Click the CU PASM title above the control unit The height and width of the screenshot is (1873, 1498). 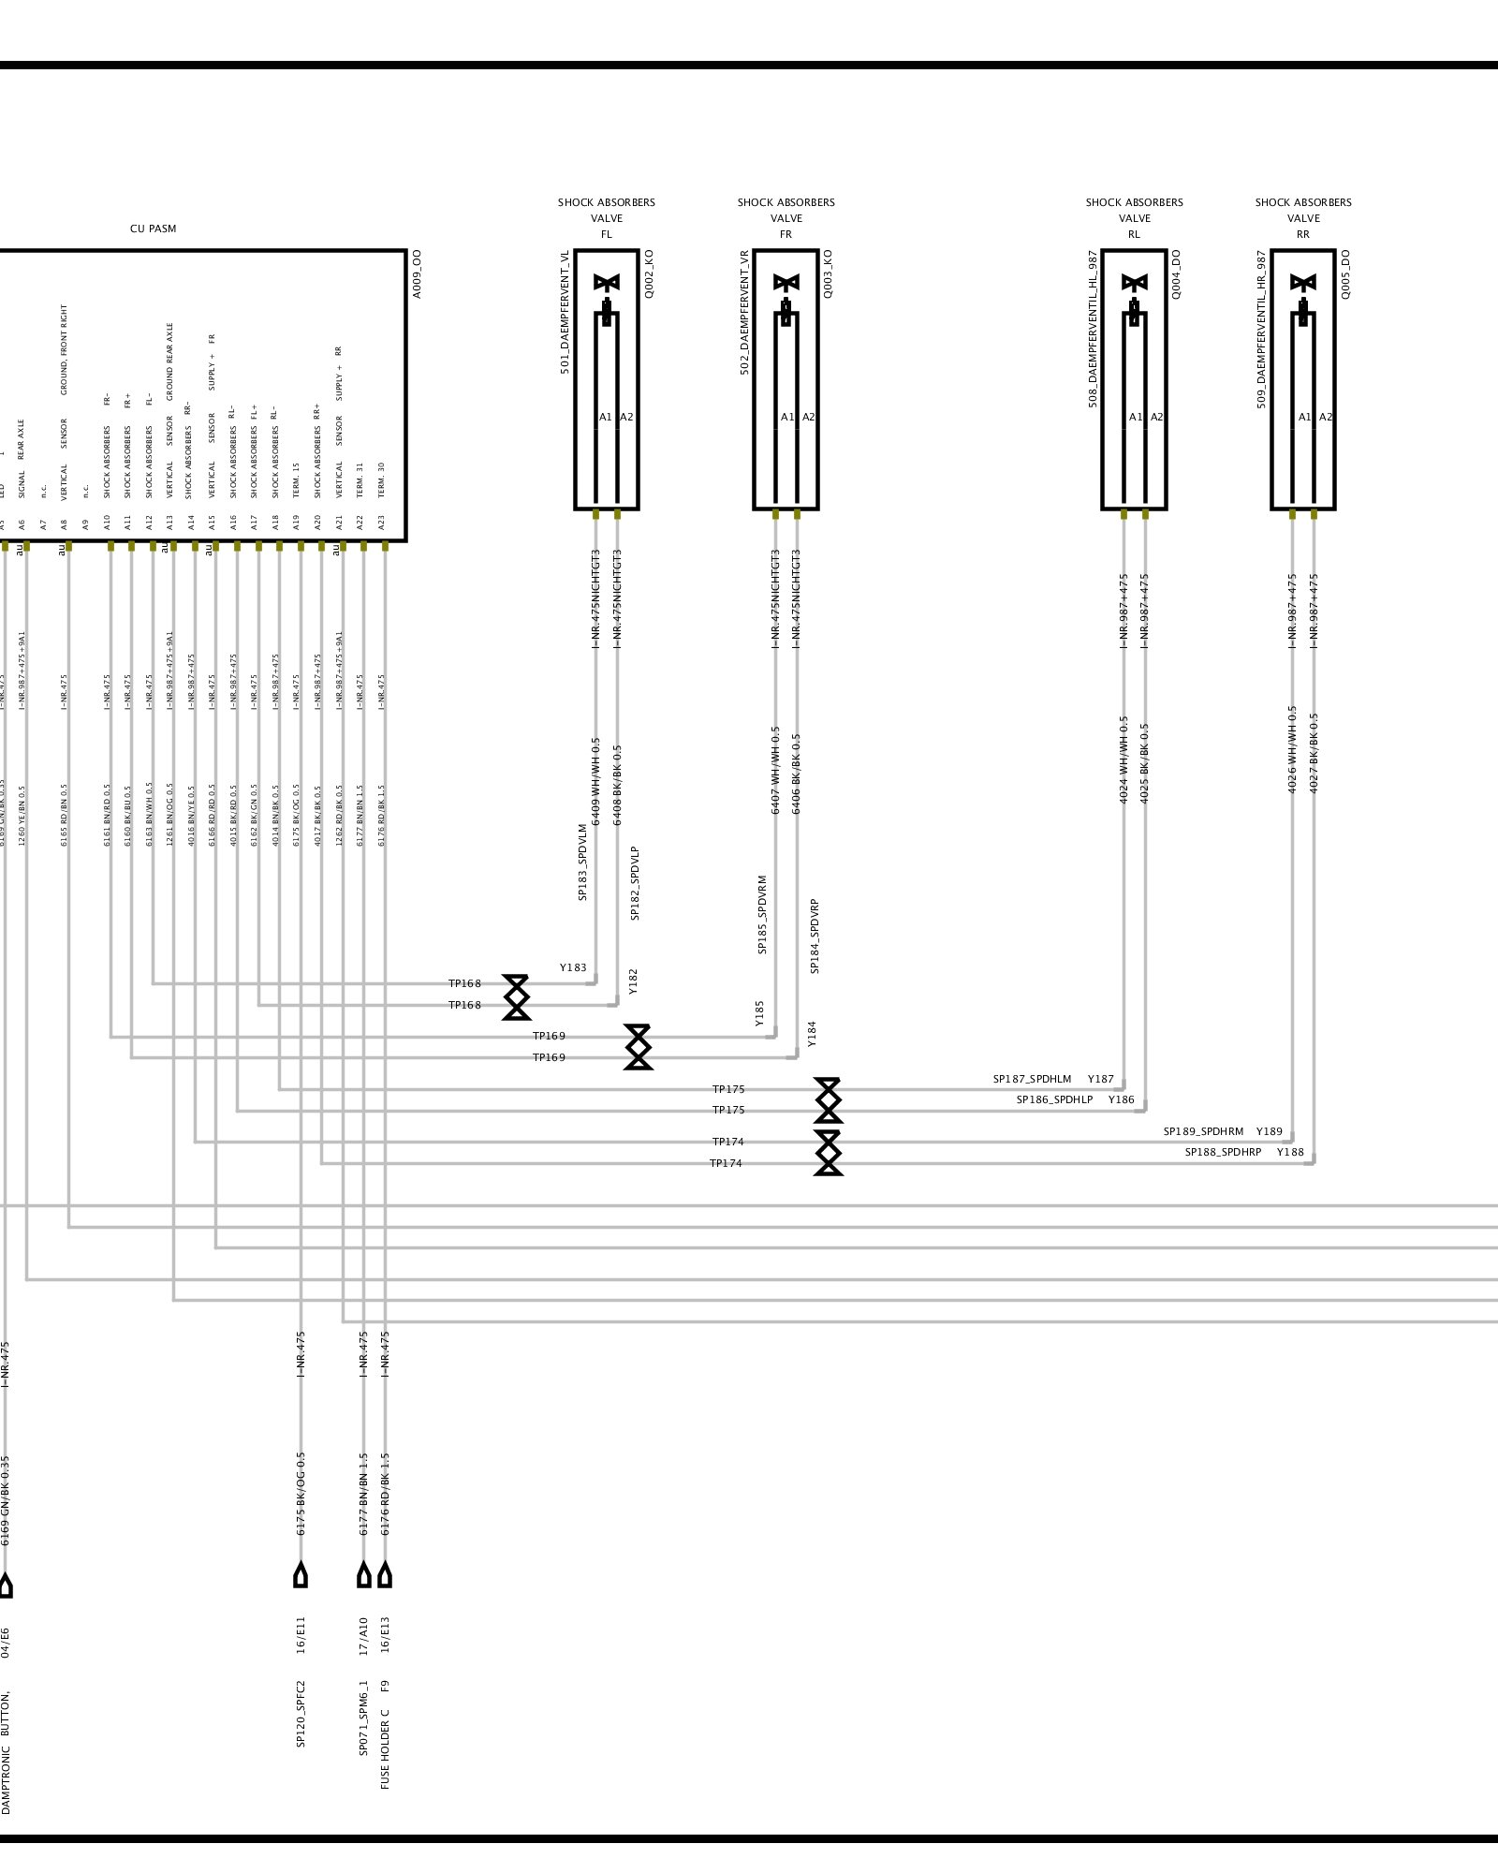[x=153, y=229]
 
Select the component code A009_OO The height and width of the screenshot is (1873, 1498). [x=418, y=273]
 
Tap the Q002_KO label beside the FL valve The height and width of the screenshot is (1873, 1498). [x=649, y=273]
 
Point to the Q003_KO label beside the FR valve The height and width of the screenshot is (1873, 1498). [x=828, y=273]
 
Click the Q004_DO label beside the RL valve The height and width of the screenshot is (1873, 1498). [x=1176, y=273]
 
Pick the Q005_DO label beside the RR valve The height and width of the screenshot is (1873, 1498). [x=1345, y=273]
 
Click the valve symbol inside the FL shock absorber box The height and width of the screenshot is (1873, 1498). [x=607, y=283]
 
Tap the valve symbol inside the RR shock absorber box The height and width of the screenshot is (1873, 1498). [x=1303, y=283]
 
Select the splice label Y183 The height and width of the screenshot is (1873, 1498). [x=573, y=967]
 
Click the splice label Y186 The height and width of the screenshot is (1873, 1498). [x=1121, y=1099]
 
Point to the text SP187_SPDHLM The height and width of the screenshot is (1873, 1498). [x=1032, y=1080]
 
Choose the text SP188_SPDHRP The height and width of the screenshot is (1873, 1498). [x=1223, y=1152]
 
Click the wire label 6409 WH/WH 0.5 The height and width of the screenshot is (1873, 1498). [x=595, y=781]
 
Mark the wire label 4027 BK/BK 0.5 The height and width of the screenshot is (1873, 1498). [x=1314, y=753]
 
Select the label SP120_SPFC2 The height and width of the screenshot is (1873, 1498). [x=301, y=1714]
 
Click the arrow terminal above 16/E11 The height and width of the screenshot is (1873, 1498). [x=301, y=1574]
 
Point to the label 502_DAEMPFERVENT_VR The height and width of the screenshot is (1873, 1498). [x=745, y=312]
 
